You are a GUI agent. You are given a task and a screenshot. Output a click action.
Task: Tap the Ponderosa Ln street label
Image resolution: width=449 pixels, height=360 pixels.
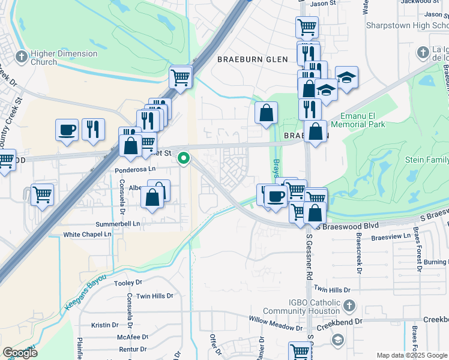coord(134,170)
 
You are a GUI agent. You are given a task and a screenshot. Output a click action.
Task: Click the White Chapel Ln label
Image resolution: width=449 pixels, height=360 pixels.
coord(89,235)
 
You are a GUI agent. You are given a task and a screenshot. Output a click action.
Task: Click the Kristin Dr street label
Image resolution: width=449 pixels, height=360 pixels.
coord(106,325)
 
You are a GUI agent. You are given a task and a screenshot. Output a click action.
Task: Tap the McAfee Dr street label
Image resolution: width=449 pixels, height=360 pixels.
coord(133,337)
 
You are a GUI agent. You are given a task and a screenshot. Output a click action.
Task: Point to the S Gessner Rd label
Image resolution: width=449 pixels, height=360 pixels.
coord(310,257)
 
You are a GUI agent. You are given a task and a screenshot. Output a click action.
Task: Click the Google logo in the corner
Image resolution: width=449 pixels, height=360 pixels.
coord(20,353)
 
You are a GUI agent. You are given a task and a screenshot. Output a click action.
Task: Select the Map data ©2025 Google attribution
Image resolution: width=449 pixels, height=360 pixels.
coord(412,355)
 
